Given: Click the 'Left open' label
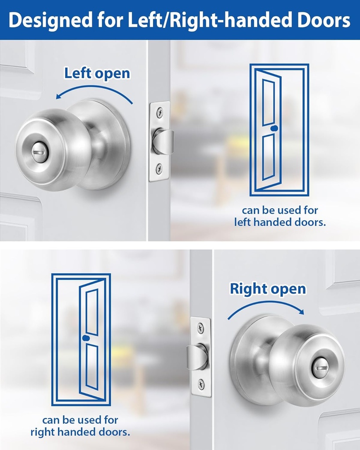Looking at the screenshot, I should [97, 73].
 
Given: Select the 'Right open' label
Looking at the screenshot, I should [268, 289].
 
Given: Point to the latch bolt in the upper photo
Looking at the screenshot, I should [164, 141].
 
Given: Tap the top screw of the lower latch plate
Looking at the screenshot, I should [200, 327].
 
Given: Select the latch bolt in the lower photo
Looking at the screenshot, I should [196, 356].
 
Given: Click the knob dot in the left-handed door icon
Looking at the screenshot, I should [274, 129].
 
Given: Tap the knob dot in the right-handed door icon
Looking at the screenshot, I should [85, 338].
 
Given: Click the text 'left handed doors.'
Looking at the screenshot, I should [280, 222].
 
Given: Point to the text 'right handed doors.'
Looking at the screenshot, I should [80, 432].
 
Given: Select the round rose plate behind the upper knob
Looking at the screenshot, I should [115, 145].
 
